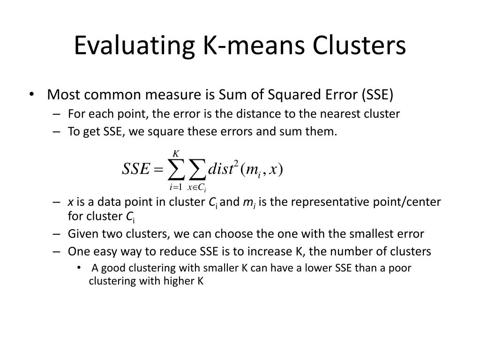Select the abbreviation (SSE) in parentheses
pos(377,95)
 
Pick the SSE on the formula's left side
pos(136,168)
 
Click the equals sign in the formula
pos(158,169)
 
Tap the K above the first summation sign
pos(176,153)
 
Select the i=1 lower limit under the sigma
pos(176,187)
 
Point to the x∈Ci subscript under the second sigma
pos(197,187)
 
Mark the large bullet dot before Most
pos(31,94)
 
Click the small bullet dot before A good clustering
pos(79,268)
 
